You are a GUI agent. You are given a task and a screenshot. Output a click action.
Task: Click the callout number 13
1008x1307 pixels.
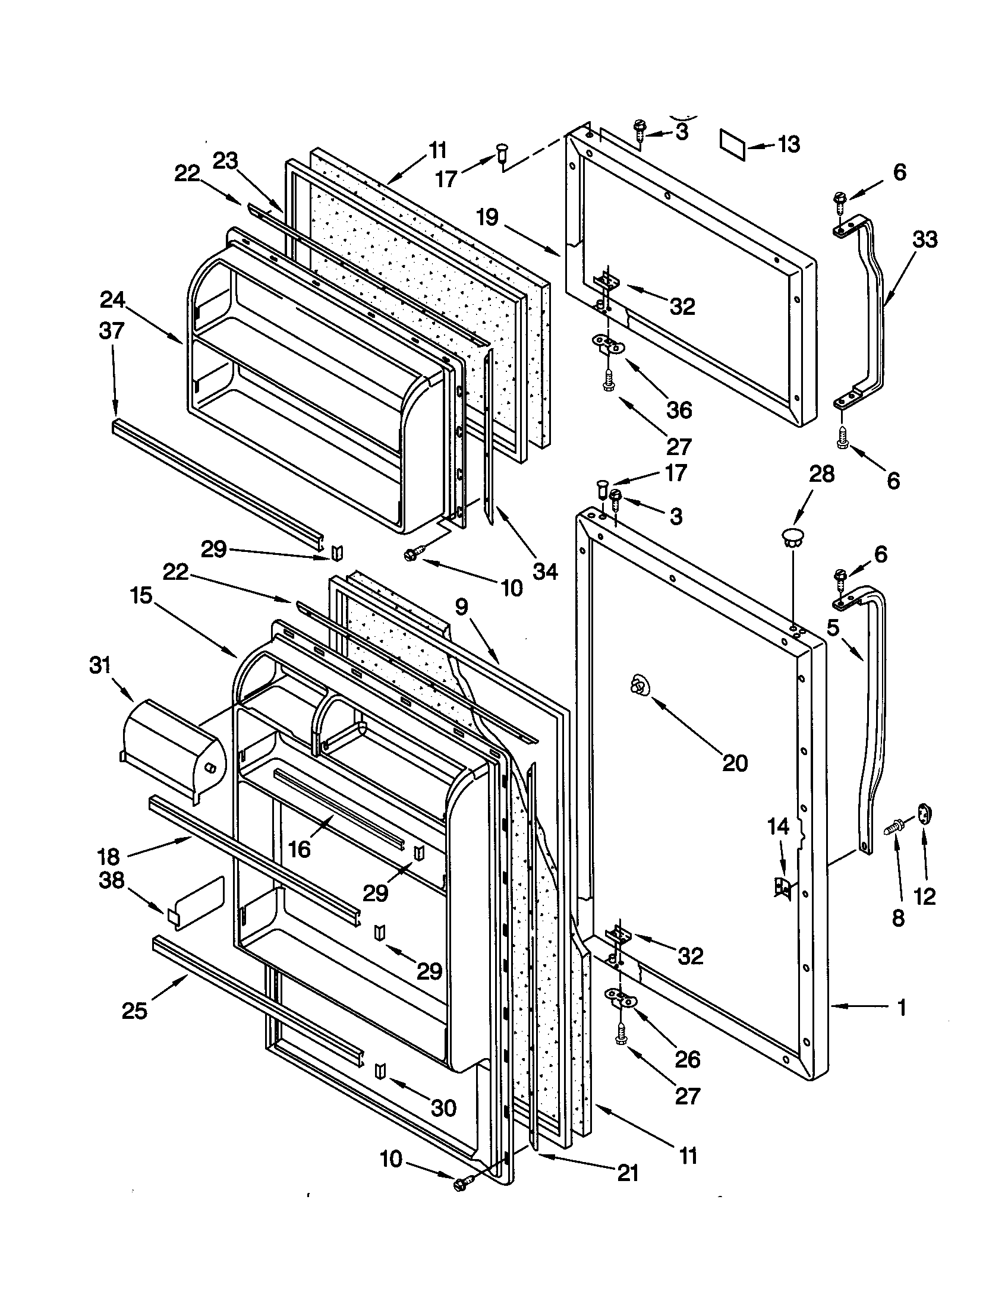tap(788, 144)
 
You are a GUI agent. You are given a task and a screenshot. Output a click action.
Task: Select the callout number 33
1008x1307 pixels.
tap(924, 239)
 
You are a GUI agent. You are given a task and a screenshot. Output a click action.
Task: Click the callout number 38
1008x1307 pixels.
tap(112, 880)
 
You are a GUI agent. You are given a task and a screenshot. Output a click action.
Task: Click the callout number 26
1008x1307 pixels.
tap(687, 1059)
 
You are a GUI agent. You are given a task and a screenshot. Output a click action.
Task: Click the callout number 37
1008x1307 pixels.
tap(111, 331)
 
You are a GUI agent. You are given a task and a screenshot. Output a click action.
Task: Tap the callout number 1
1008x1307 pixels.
tap(902, 1008)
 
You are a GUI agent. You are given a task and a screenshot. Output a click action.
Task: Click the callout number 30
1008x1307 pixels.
tap(443, 1109)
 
